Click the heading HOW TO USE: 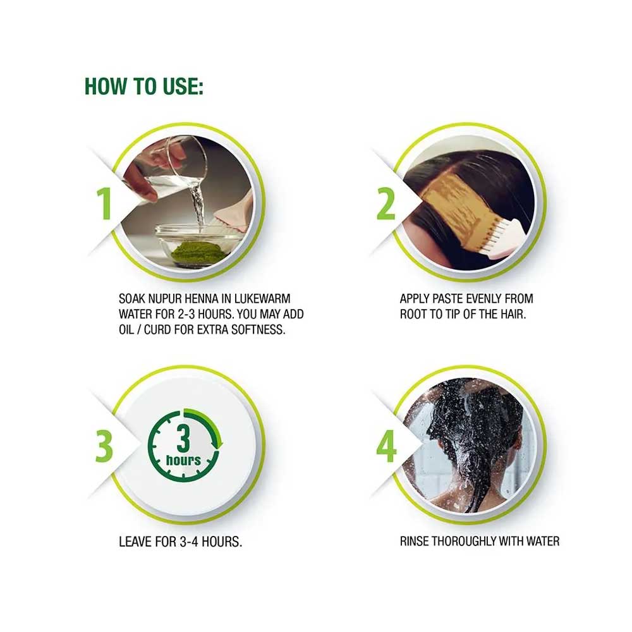coord(144,86)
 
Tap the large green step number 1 coord(104,204)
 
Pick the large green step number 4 coord(386,446)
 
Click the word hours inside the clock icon coord(183,460)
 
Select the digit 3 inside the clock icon coord(183,439)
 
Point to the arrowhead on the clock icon coord(220,442)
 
